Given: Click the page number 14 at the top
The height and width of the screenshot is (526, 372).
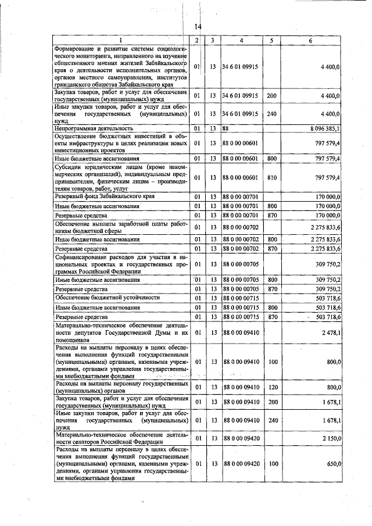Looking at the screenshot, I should coord(198,27).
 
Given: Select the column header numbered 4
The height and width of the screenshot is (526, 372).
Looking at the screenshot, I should coord(241,40).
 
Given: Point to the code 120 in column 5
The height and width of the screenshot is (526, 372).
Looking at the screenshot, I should coord(271,387).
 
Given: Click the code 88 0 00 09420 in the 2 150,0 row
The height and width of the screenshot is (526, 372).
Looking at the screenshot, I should coord(241,436).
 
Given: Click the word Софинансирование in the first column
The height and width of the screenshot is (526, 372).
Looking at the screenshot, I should coord(82,256).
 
